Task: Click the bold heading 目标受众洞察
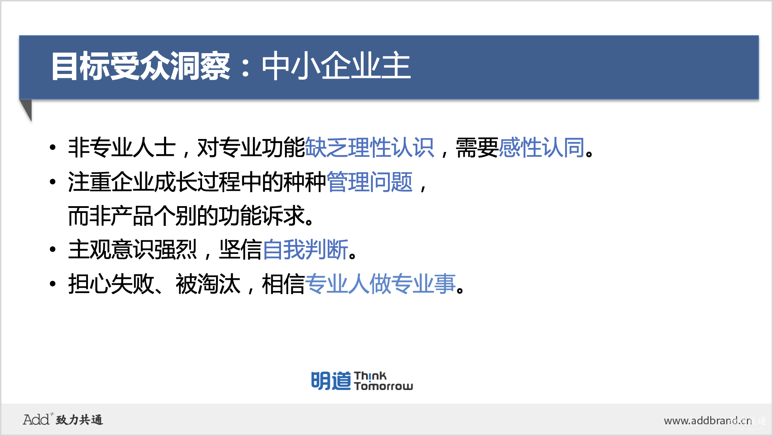point(140,66)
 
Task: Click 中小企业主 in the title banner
point(336,66)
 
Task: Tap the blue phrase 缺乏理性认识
point(369,147)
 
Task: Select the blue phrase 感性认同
point(542,147)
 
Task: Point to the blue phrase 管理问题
point(370,182)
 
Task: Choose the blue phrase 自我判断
point(305,250)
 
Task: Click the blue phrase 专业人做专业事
point(380,284)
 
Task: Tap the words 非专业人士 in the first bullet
point(122,147)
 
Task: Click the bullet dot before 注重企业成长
point(53,182)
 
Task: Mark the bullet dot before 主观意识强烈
point(53,249)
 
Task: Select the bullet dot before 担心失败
point(53,284)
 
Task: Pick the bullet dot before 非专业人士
point(53,147)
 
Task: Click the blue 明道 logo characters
point(331,381)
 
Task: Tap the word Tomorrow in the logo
point(384,386)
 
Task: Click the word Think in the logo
point(370,376)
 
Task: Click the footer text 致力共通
point(79,420)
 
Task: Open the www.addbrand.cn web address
point(708,421)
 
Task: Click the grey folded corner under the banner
point(26,109)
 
